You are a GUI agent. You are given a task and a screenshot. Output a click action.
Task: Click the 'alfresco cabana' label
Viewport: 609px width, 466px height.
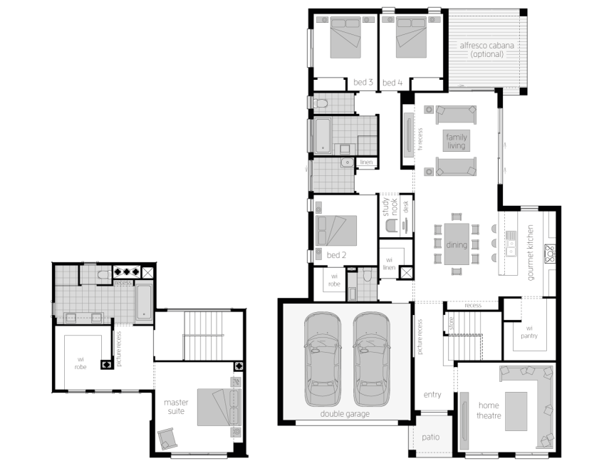click(486, 46)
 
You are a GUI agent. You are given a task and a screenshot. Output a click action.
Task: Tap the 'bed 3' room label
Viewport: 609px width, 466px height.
click(363, 82)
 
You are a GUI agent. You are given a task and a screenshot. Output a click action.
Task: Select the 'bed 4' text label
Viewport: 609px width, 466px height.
click(392, 83)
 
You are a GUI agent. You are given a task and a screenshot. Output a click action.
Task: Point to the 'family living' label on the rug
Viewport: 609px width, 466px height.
click(456, 141)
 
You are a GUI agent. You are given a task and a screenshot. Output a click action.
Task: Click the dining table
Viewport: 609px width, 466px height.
click(457, 244)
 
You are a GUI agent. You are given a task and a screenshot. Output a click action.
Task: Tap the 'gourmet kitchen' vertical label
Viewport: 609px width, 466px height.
click(530, 252)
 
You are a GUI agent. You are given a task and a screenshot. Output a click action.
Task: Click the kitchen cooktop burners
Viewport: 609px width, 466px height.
click(550, 254)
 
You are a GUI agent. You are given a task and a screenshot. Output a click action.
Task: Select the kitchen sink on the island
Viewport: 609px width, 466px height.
click(511, 243)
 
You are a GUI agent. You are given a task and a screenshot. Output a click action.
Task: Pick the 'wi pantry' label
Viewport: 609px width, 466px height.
click(529, 332)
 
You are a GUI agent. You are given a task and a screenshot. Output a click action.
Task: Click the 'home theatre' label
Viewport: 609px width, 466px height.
click(489, 410)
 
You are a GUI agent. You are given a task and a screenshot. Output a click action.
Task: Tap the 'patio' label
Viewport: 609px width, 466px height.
click(430, 437)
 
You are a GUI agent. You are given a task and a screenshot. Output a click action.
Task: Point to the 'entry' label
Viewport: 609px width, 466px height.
click(432, 395)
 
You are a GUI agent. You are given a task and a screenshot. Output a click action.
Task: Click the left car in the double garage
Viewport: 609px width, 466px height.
click(323, 358)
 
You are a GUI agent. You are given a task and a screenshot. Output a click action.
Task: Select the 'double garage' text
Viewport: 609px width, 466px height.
click(345, 414)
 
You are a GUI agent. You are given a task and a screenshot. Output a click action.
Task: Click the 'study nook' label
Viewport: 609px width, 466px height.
click(390, 207)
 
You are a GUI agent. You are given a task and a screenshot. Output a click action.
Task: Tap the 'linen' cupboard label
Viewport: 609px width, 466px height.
click(366, 162)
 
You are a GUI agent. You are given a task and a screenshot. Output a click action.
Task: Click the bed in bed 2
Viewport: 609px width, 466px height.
click(336, 231)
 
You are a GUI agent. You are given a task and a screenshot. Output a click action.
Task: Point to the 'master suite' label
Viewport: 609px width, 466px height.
click(176, 407)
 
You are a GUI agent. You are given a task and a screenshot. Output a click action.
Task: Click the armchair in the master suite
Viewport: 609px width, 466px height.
click(167, 438)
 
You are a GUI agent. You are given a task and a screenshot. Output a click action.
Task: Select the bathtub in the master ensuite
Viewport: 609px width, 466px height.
click(144, 302)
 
